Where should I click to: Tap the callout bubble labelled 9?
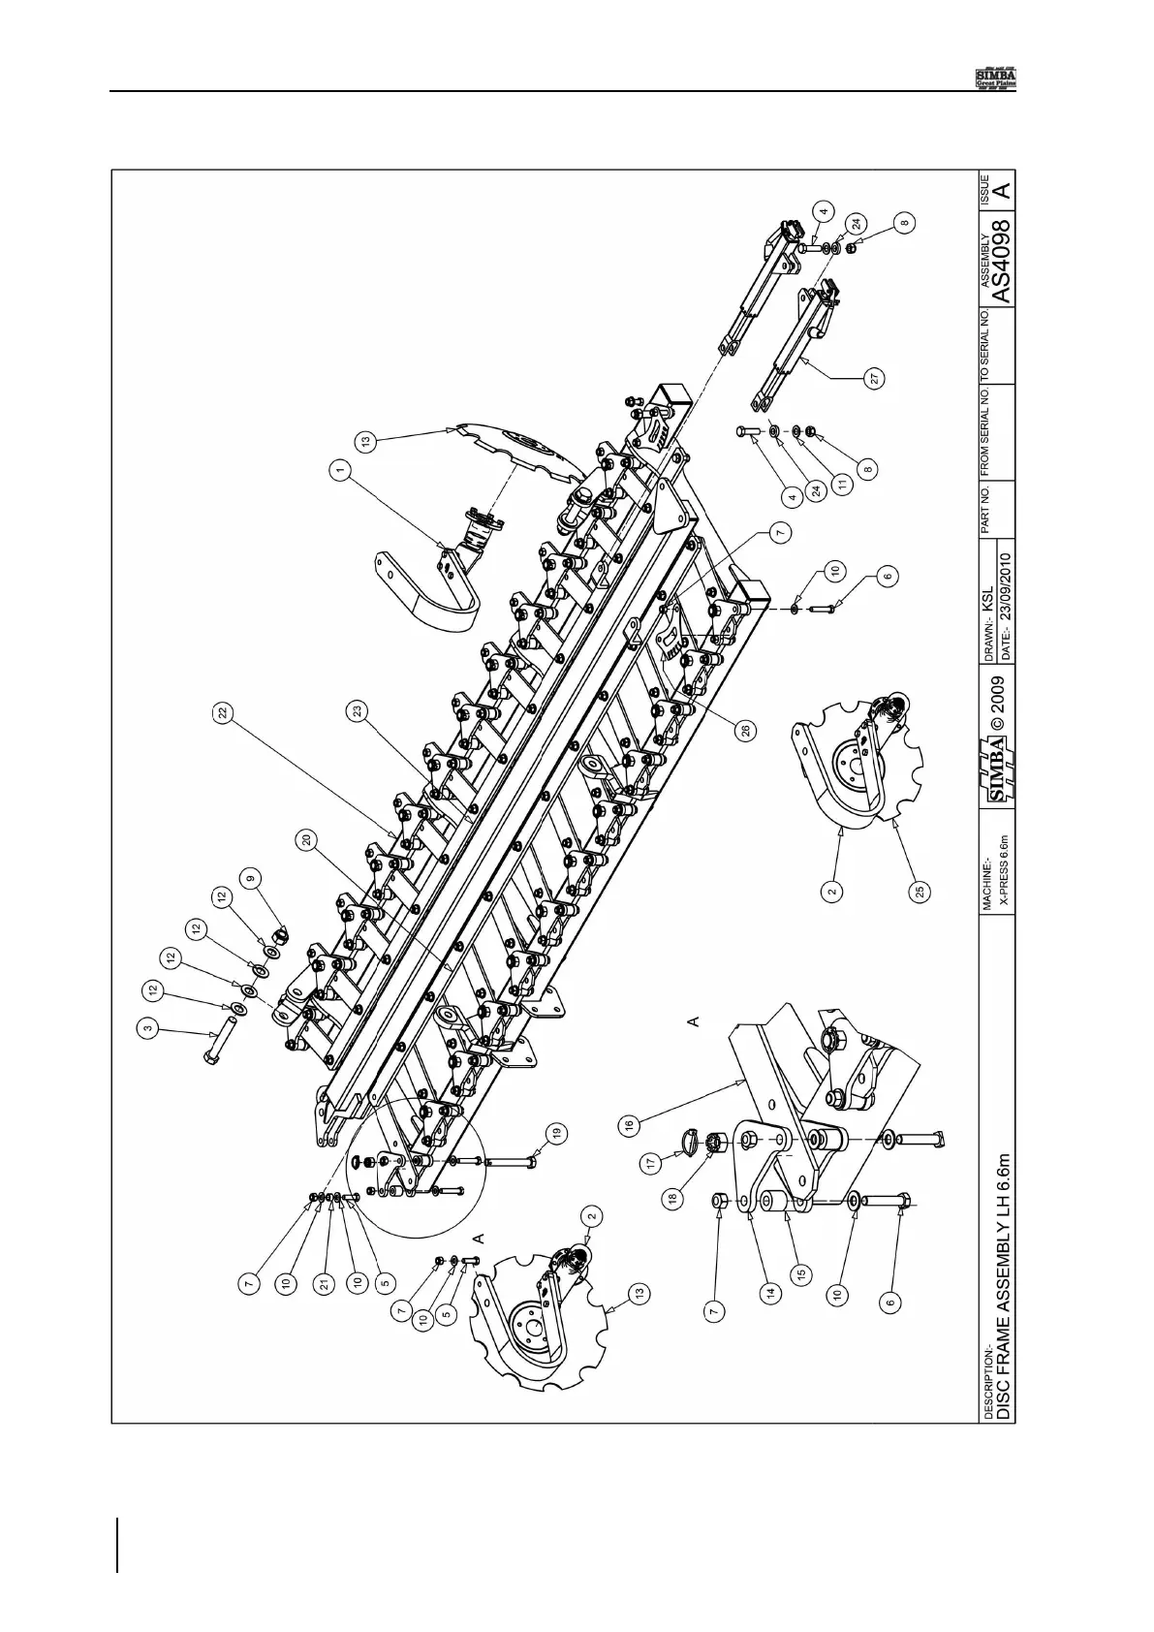click(x=251, y=879)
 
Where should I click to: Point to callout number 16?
click(x=629, y=1125)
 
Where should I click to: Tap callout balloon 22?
click(x=224, y=711)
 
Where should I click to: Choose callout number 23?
click(x=359, y=710)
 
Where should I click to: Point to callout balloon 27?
click(x=874, y=381)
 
